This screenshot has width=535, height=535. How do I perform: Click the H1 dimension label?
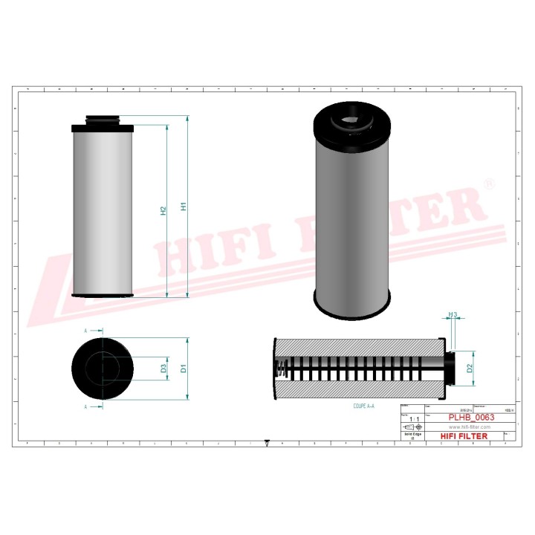point(184,207)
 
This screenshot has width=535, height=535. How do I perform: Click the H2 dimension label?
point(163,211)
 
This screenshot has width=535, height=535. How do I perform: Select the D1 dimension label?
point(184,368)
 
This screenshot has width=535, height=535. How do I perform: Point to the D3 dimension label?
point(163,368)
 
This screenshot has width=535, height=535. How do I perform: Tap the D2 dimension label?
point(470,368)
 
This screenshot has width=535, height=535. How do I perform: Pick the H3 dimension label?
point(453,316)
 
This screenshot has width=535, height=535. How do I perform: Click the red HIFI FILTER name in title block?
point(465,436)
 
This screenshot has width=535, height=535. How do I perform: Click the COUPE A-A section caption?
point(364,406)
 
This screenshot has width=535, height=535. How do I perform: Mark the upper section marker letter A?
point(85,330)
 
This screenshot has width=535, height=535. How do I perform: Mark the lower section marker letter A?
point(85,406)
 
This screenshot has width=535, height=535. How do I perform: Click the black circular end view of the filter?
point(104,368)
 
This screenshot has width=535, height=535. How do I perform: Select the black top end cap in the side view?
point(104,129)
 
